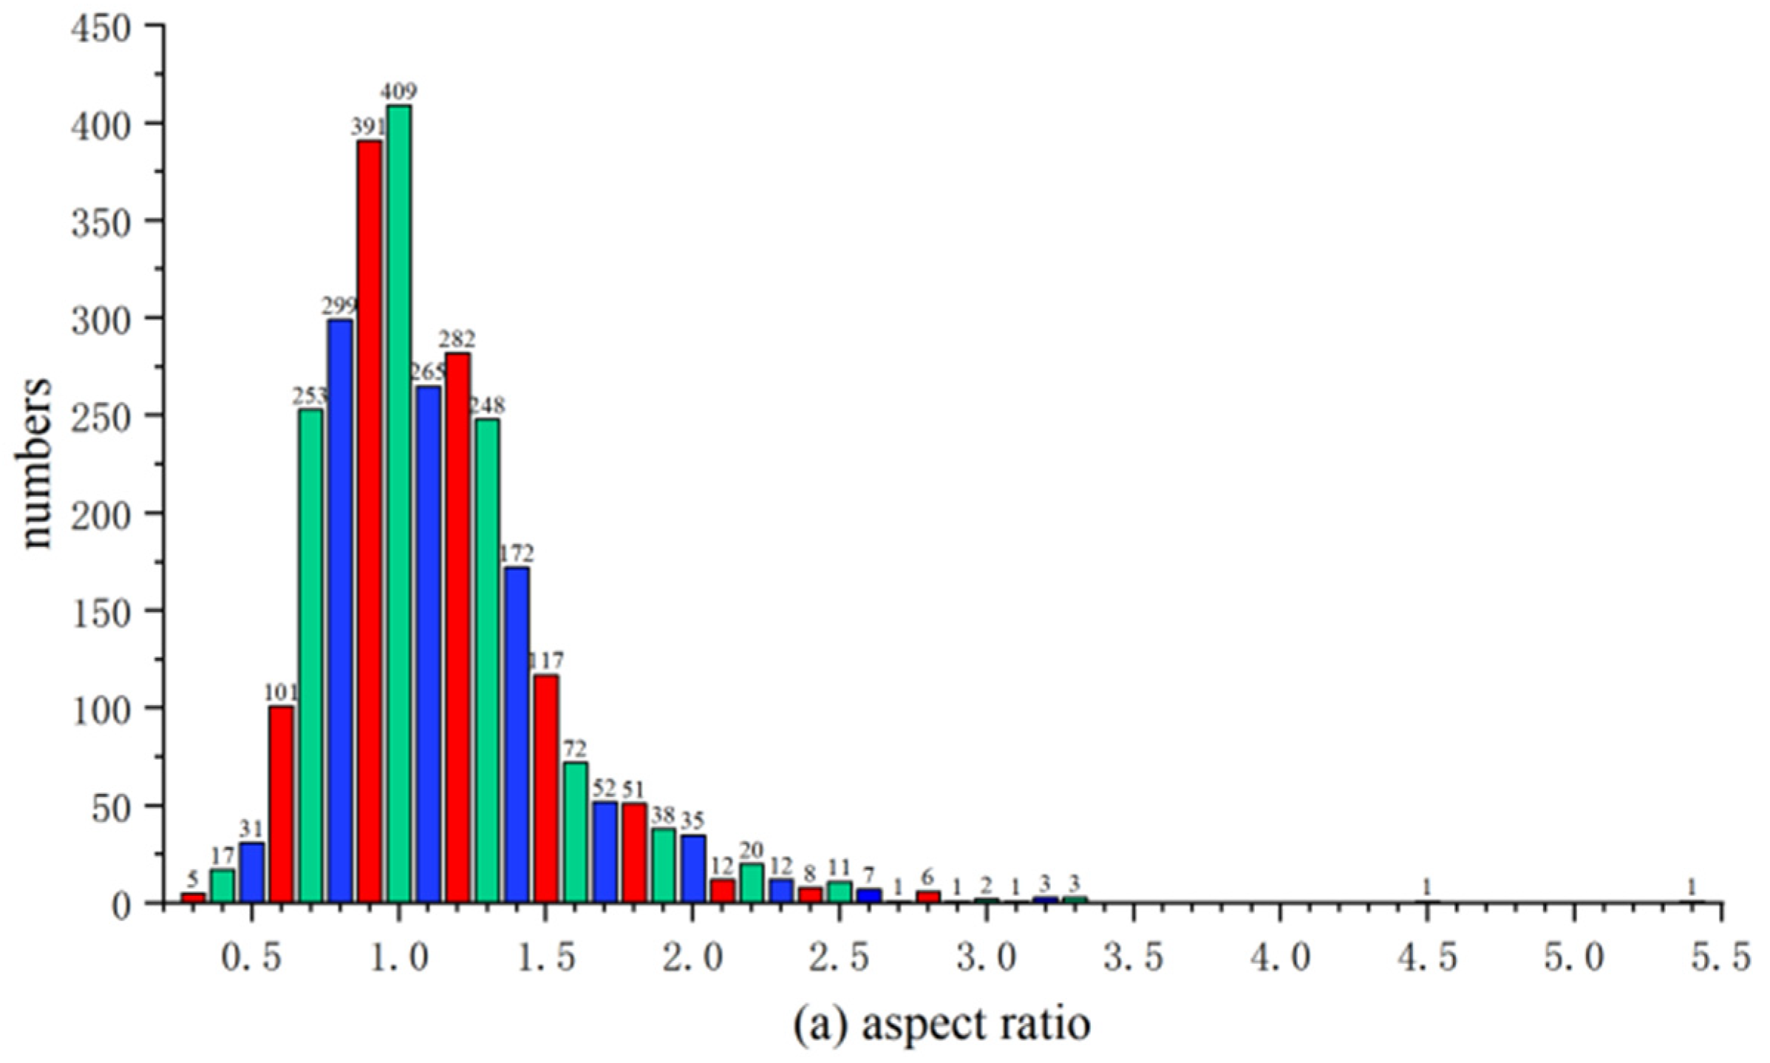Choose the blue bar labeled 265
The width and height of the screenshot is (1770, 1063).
coord(429,643)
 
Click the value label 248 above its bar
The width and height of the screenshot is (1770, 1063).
coord(487,405)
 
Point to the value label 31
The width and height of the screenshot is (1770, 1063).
coord(252,829)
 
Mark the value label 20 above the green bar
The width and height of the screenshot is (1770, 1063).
coord(752,850)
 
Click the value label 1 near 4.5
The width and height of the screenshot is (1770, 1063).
coord(1427,886)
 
